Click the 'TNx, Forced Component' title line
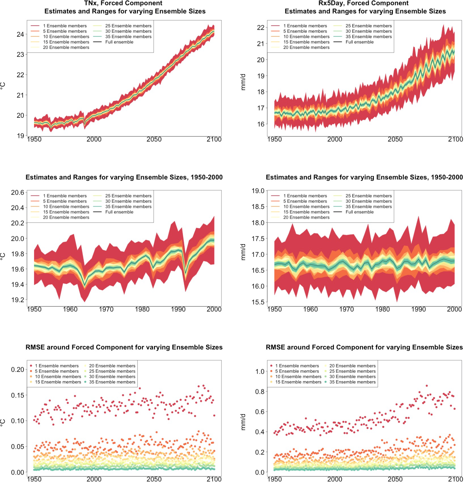[123, 3]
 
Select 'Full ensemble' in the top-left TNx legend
[119, 42]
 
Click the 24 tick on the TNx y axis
[20, 35]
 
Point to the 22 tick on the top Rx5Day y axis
[260, 28]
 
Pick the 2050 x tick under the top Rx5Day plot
[395, 140]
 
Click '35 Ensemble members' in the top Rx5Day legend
[369, 37]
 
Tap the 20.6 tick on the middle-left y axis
[18, 192]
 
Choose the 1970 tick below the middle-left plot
[106, 309]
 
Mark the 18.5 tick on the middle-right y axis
[258, 207]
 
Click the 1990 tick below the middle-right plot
[418, 309]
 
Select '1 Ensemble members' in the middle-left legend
[65, 196]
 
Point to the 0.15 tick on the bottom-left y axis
[18, 395]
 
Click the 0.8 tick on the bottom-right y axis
[260, 392]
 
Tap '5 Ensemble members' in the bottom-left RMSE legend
[57, 371]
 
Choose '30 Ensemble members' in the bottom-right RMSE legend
[352, 377]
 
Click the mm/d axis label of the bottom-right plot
[243, 422]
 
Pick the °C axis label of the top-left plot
[3, 86]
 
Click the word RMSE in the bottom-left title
[35, 347]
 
